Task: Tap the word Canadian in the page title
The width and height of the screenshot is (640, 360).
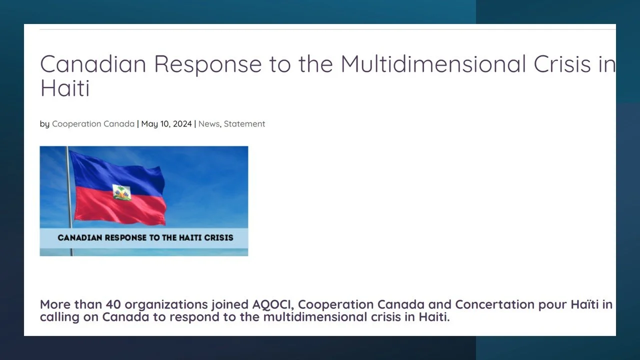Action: [x=93, y=64]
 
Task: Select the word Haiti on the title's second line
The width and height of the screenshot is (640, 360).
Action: [x=65, y=88]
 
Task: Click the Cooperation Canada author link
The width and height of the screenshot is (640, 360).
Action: [x=93, y=124]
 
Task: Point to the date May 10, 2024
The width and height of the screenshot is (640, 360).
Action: [x=166, y=124]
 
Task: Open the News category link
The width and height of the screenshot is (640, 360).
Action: [x=208, y=124]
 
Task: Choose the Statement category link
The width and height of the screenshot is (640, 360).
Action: [x=244, y=124]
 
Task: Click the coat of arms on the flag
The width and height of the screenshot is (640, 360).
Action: [x=121, y=192]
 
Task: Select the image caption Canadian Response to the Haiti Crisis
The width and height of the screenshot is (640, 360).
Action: [x=145, y=237]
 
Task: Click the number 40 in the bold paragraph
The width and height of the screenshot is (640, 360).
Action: [x=113, y=304]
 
